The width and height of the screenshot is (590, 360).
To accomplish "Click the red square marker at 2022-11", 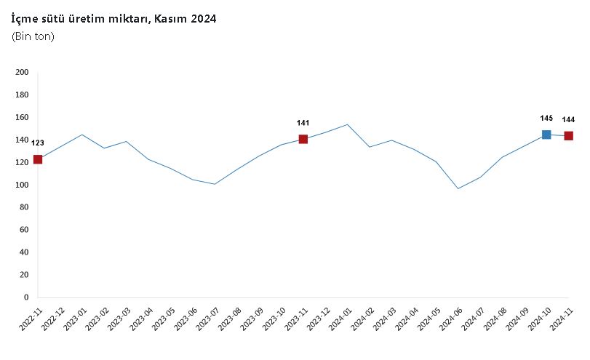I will pos(38,159).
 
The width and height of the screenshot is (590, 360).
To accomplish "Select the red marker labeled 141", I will pos(303,139).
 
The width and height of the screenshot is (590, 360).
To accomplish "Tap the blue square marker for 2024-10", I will pos(546,135).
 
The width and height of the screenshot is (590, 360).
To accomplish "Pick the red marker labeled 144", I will pos(569,136).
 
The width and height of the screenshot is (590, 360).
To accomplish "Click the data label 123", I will pos(38,143).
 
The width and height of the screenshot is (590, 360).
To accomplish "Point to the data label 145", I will pos(546,118).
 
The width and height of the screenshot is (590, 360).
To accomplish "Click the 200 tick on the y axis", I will pos(22,72).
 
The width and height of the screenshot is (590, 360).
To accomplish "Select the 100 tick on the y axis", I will pos(22,185).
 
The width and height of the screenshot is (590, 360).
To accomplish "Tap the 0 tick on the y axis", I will pos(25,297).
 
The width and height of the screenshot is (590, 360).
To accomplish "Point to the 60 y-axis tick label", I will pos(23,230).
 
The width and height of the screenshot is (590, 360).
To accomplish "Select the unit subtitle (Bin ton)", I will pos(33,36).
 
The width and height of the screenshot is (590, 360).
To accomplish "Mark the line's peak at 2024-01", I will pos(348,124).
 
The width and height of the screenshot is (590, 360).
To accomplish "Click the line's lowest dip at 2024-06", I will pos(458,188).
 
